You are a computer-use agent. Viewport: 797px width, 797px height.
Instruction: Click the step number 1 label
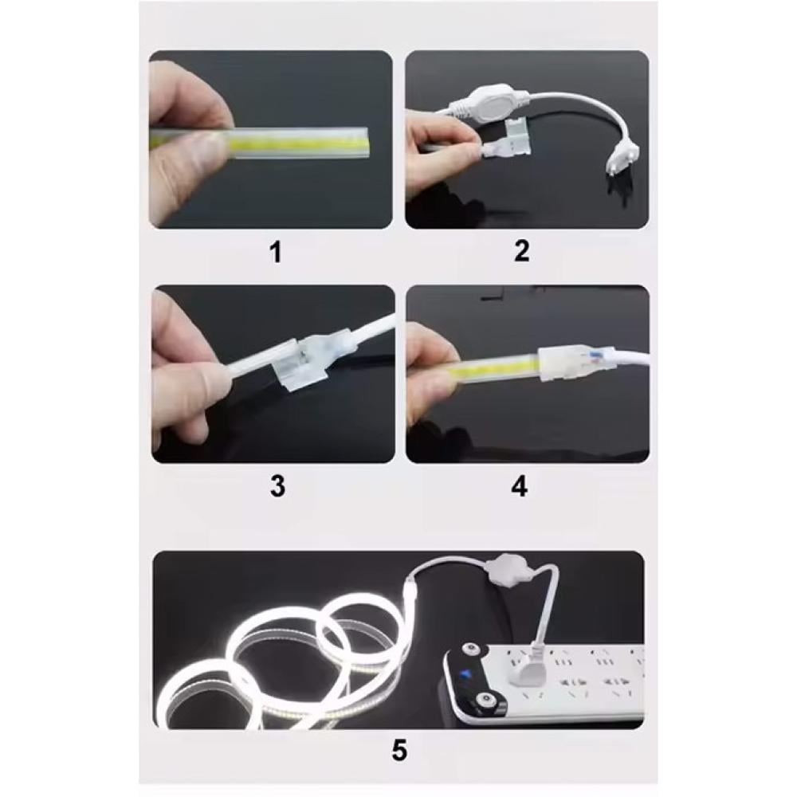pos(276,252)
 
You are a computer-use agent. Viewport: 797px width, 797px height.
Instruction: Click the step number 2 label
pos(521,251)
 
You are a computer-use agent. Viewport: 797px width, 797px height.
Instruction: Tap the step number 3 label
pos(277,486)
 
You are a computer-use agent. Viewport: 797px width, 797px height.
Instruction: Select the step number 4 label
pos(519,486)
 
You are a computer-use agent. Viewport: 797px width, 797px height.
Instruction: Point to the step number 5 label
pos(399,750)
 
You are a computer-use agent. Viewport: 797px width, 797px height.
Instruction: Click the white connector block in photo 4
pos(562,364)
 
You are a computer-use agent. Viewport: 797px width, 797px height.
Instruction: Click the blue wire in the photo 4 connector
pos(594,355)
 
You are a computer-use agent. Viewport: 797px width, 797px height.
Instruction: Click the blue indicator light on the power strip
pos(464,674)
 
